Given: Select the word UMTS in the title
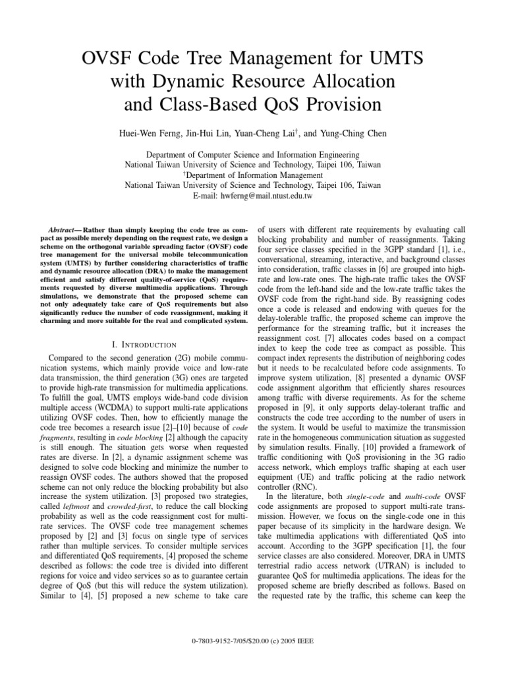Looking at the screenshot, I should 390,60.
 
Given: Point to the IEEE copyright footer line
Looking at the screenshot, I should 252,658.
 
